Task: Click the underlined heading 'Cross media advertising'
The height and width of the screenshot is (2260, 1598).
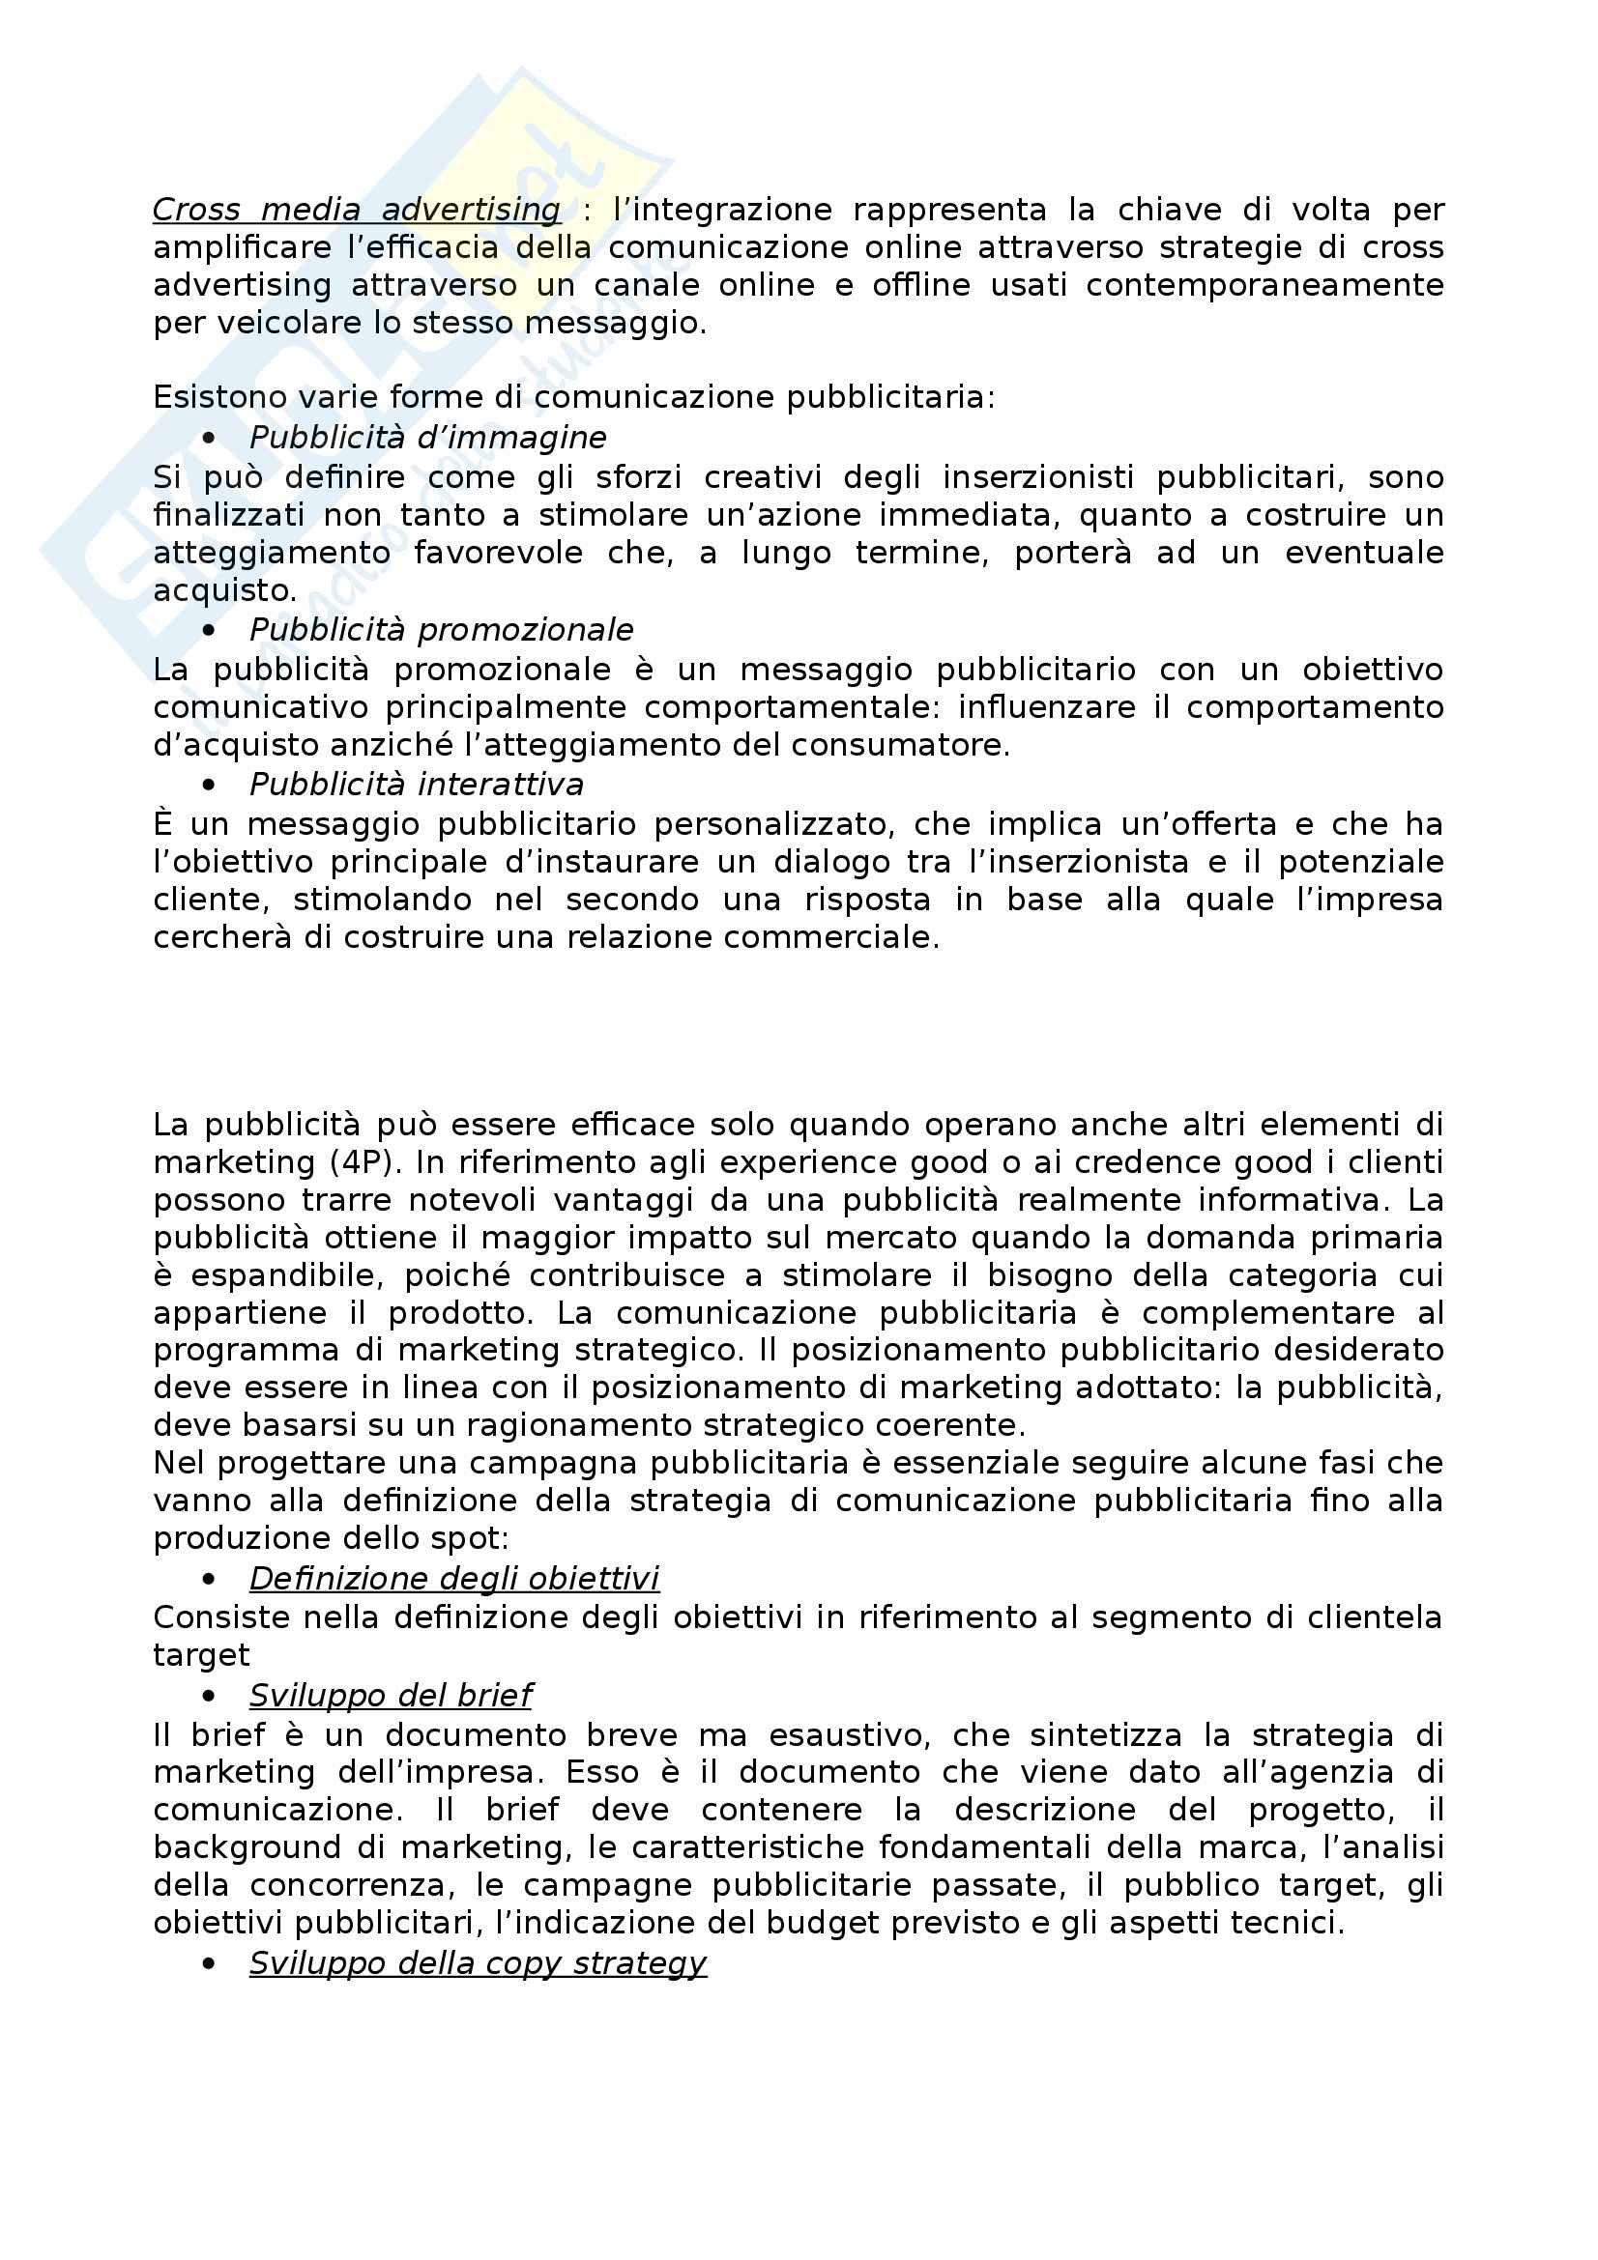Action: point(357,210)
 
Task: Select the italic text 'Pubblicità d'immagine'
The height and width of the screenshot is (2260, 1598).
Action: point(427,437)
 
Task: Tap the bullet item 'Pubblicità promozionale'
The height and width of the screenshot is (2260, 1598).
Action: point(441,630)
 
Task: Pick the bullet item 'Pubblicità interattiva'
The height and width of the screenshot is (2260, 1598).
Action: point(416,785)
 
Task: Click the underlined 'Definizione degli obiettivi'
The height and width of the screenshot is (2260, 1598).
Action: point(454,1578)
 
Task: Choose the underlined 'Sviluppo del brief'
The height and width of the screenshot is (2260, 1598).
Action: point(390,1695)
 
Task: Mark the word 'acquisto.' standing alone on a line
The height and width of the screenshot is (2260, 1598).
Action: point(224,590)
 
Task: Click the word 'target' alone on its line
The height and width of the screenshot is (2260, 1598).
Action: point(201,1656)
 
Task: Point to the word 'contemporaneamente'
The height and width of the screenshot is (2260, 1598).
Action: point(1264,285)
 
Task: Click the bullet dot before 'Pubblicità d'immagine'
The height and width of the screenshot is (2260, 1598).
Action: point(208,438)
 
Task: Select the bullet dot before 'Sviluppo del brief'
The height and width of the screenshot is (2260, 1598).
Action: point(208,1696)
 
